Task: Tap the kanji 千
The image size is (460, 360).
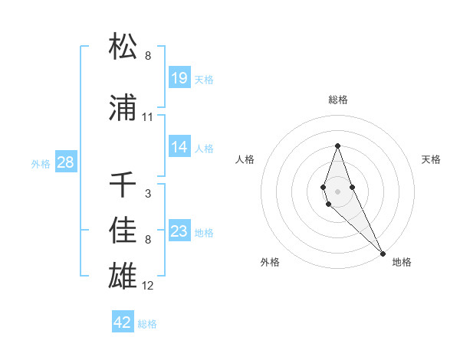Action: pyautogui.click(x=123, y=185)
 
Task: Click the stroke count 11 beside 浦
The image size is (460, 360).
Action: pyautogui.click(x=148, y=117)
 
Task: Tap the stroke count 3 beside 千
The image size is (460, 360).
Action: pyautogui.click(x=148, y=194)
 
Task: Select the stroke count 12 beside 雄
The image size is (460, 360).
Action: pyautogui.click(x=148, y=286)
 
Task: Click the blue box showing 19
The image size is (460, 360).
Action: pyautogui.click(x=179, y=78)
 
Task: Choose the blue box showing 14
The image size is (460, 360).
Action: pyautogui.click(x=179, y=147)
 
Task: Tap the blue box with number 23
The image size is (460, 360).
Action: pyautogui.click(x=179, y=231)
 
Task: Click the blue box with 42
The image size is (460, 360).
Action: pyautogui.click(x=123, y=322)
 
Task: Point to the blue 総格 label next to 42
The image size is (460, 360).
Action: pyautogui.click(x=147, y=324)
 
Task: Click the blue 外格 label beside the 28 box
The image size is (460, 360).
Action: pyautogui.click(x=41, y=163)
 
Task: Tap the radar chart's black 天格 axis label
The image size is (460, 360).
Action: pyautogui.click(x=432, y=159)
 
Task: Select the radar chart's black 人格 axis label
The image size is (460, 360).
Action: pyautogui.click(x=245, y=159)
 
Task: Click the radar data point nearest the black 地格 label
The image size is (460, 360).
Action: pyautogui.click(x=383, y=253)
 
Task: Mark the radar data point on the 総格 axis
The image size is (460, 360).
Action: pyautogui.click(x=337, y=146)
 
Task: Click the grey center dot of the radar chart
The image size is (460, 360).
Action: pyautogui.click(x=337, y=191)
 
